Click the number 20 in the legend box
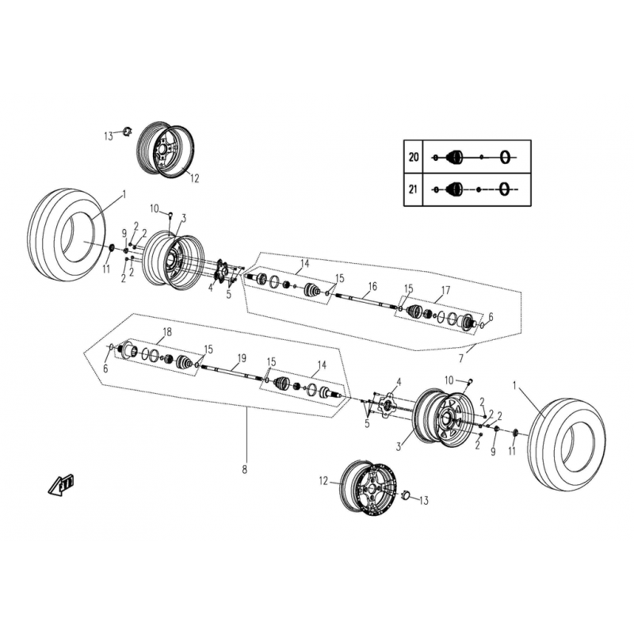pos(413,157)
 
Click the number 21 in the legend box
pos(413,189)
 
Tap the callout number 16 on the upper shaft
pos(372,286)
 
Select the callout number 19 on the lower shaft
pos(242,358)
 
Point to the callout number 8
pos(244,470)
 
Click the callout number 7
pos(461,358)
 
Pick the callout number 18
pos(167,332)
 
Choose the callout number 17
pos(445,290)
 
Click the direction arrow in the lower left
pos(61,483)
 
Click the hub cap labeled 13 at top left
pos(128,132)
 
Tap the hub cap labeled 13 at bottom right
pos(406,495)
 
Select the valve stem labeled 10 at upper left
pos(170,214)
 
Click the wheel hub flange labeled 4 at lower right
pos(387,405)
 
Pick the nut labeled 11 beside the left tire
pos(113,247)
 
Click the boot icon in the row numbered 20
pos(454,157)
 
